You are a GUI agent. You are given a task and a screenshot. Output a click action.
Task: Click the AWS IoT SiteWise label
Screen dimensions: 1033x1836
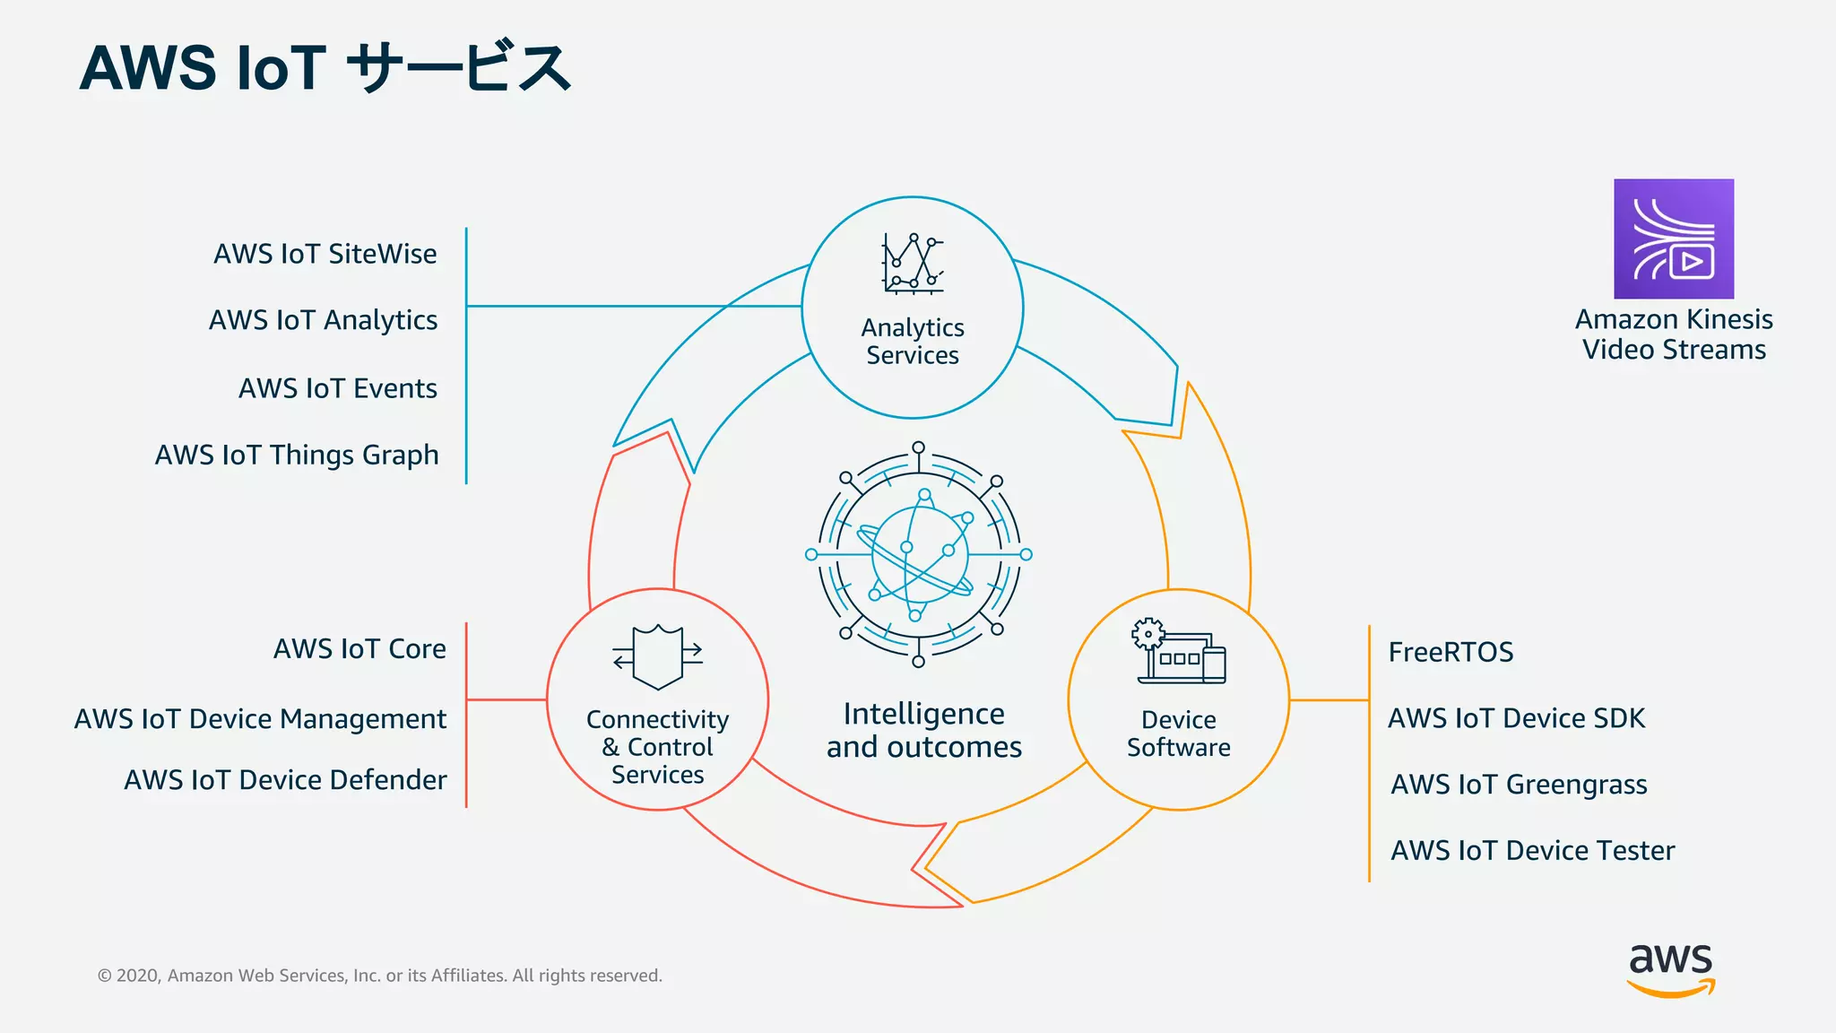pos(325,254)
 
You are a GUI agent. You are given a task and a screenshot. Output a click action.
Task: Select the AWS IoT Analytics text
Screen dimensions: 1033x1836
pos(323,320)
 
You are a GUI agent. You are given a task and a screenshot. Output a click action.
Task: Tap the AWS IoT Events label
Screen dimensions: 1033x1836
pos(338,388)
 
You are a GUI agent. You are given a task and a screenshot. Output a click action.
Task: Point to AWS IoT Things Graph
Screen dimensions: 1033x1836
pos(297,455)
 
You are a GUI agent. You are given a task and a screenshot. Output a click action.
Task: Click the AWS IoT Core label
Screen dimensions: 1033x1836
pos(359,648)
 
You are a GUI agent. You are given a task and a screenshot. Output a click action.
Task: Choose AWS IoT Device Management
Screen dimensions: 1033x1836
pos(260,718)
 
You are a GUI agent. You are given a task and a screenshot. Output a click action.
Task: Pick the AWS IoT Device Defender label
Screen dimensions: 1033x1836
pos(285,779)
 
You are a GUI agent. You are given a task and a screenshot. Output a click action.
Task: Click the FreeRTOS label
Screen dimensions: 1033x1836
pos(1451,652)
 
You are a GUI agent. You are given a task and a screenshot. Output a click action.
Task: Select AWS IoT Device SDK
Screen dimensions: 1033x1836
pos(1516,718)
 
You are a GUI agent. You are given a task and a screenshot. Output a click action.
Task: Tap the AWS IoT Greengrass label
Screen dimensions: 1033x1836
pos(1519,785)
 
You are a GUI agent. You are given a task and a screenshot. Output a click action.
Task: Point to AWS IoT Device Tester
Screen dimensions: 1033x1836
pos(1532,850)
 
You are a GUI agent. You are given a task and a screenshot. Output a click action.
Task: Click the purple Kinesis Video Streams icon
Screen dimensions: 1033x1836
pos(1674,239)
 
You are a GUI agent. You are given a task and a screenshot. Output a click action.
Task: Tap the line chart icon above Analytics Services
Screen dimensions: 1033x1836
pos(913,264)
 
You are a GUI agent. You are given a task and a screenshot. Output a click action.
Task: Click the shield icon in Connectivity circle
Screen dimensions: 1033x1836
pos(658,656)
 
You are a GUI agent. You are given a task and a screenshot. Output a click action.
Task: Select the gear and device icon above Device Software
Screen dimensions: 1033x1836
pos(1178,652)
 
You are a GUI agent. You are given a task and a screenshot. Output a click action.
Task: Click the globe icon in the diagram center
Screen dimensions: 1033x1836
pos(919,554)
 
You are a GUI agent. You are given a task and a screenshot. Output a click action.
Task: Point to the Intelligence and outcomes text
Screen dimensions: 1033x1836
pos(923,730)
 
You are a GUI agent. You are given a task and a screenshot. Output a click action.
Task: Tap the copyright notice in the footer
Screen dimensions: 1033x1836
pos(380,976)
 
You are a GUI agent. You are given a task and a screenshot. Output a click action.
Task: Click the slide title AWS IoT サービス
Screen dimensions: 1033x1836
pos(325,68)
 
